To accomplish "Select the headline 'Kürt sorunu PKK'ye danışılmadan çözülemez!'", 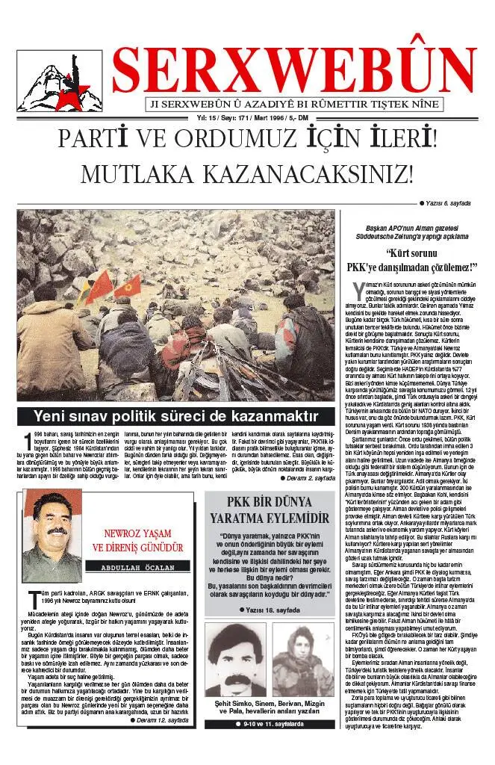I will (411, 261).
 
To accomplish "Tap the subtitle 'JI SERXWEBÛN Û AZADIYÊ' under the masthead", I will (295, 105).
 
